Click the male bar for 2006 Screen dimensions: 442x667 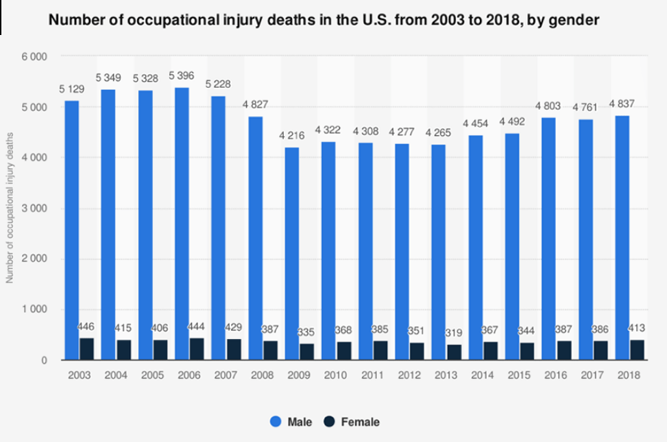click(182, 224)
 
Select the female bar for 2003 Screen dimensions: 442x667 click(87, 349)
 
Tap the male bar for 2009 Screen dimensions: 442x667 click(292, 253)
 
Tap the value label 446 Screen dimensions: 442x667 click(88, 325)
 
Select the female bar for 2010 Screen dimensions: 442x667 click(344, 351)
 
